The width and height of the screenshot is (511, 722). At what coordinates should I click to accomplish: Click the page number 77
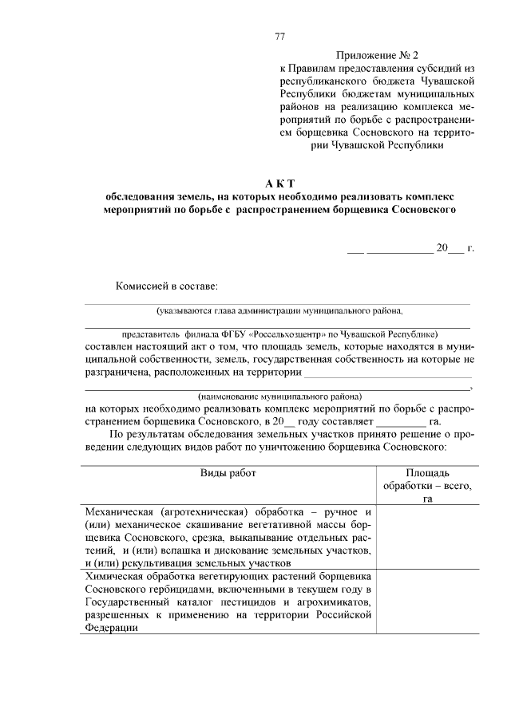point(279,36)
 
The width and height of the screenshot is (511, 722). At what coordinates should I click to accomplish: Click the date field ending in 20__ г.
point(411,248)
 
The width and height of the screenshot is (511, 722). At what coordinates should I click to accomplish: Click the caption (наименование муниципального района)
point(279,396)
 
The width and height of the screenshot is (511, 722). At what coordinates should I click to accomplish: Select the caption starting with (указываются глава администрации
point(279,311)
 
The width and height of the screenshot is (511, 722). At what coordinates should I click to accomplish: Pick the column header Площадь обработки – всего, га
point(427,485)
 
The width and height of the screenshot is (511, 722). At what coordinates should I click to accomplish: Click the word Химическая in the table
point(115,575)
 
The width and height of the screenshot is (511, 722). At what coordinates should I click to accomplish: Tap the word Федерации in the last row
point(110,628)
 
